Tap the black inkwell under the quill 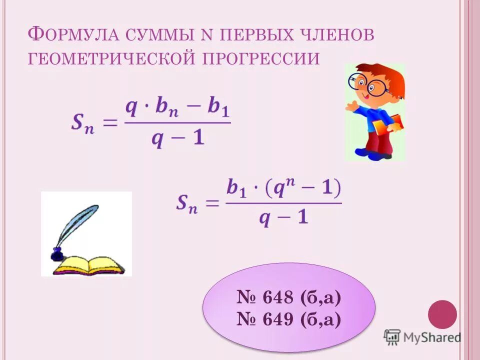click(57, 253)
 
